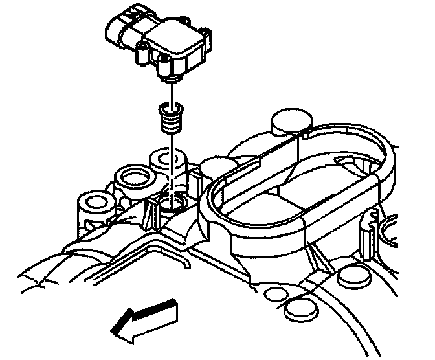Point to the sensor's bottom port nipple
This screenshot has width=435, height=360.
point(170,78)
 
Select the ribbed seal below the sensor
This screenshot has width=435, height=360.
point(170,118)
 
